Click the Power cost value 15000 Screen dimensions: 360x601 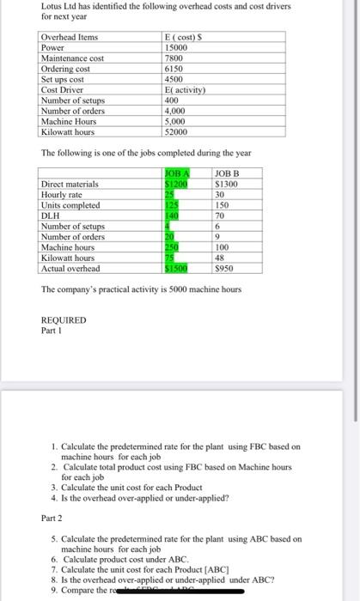click(x=174, y=47)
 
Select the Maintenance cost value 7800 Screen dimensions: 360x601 click(x=172, y=58)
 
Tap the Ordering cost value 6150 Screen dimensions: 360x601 click(x=172, y=68)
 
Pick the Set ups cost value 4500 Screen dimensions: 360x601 click(x=172, y=78)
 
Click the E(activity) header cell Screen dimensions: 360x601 click(x=183, y=88)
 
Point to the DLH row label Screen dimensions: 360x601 click(x=52, y=216)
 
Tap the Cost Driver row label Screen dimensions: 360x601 click(x=62, y=88)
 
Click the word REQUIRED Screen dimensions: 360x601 click(x=64, y=319)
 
